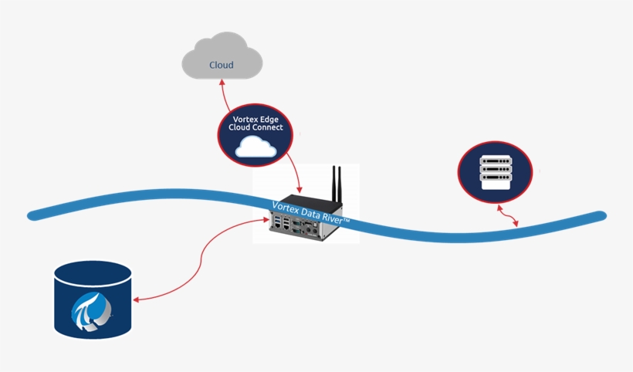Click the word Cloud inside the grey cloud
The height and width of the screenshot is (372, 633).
(x=222, y=65)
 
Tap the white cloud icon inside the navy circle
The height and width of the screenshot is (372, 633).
(x=256, y=147)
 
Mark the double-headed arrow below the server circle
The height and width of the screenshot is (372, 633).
(x=507, y=217)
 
